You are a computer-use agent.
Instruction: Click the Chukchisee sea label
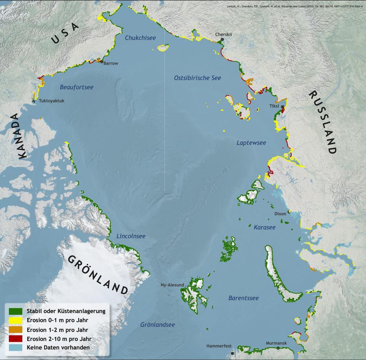[140, 38]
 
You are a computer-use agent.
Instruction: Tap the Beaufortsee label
[77, 87]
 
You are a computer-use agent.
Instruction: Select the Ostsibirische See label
[198, 78]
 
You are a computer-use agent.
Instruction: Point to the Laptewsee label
[251, 143]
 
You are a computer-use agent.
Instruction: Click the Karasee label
[265, 228]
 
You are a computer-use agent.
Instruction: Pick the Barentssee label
[243, 298]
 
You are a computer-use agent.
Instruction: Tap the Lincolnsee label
[131, 236]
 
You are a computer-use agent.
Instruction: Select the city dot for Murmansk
[278, 348]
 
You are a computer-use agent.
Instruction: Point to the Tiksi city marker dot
[283, 107]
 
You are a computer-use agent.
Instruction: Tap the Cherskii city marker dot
[222, 39]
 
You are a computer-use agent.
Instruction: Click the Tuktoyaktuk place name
[51, 101]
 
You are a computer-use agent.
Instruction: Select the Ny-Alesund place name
[172, 285]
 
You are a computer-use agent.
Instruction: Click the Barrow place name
[111, 63]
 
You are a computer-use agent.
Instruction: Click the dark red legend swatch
[15, 339]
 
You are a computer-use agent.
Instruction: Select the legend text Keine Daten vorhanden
[58, 348]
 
